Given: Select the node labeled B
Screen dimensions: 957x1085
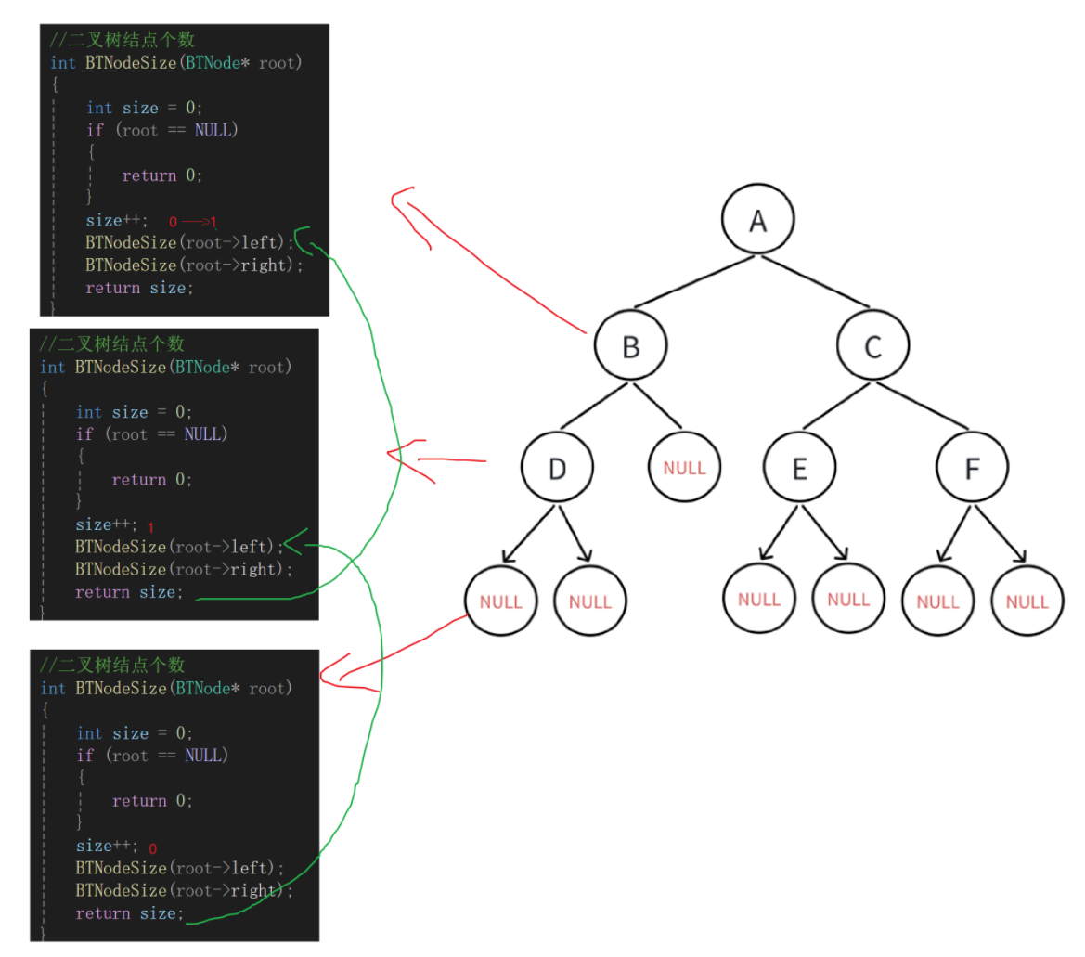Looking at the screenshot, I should click(x=630, y=347).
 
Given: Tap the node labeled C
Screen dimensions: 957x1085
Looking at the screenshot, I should click(x=872, y=347).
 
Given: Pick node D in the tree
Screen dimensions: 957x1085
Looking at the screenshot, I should click(x=557, y=469).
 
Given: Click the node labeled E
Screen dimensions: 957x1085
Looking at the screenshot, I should click(x=800, y=469).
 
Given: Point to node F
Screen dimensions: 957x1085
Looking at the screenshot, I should click(x=972, y=469).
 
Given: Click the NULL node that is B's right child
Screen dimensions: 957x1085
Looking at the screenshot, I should click(x=684, y=469).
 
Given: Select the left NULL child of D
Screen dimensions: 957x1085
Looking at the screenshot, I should click(x=501, y=601).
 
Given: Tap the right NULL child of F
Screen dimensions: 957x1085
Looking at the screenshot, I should click(x=1027, y=601).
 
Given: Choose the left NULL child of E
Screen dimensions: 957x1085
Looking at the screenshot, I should click(x=759, y=599).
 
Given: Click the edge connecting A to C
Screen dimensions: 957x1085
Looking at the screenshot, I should click(x=817, y=284).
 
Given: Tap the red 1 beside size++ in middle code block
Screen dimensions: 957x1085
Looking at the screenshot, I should click(x=150, y=526).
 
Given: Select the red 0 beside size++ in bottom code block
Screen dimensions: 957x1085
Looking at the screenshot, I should click(x=152, y=848).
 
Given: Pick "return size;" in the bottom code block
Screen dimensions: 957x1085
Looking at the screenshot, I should click(x=129, y=913).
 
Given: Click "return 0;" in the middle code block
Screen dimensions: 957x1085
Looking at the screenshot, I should click(x=151, y=480).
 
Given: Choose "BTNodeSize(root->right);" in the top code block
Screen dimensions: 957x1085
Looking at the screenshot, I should click(x=194, y=265).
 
